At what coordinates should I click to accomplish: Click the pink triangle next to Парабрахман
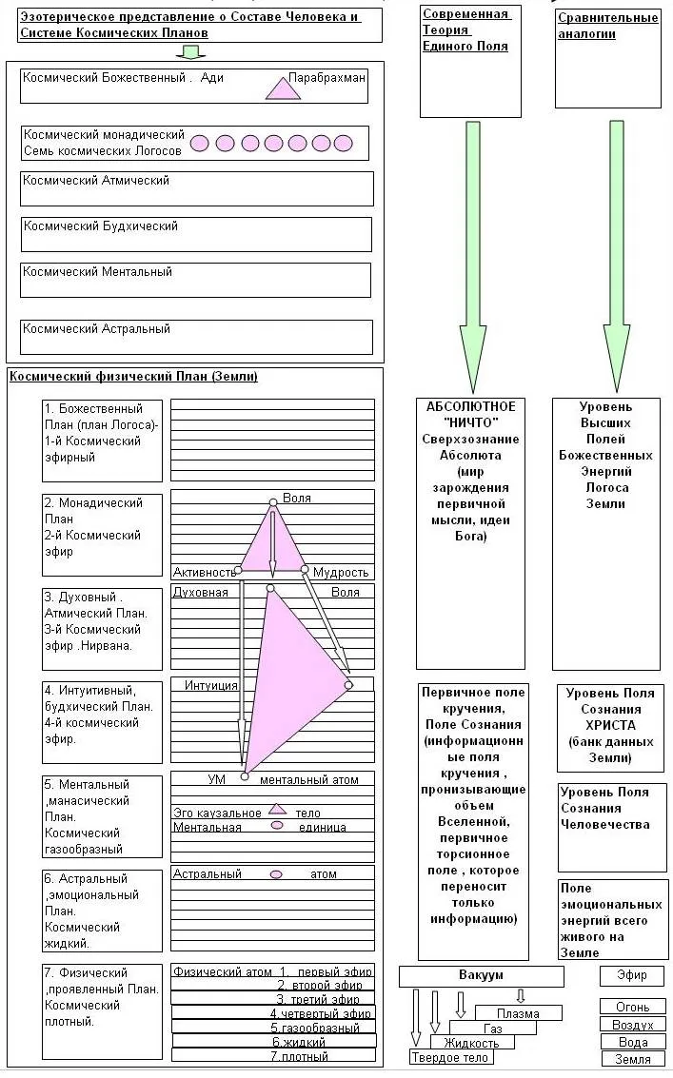point(282,88)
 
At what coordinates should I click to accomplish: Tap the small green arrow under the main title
point(191,50)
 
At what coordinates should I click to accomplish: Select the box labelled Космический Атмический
point(197,188)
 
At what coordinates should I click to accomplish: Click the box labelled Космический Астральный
point(197,337)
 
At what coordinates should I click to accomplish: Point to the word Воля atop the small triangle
point(297,498)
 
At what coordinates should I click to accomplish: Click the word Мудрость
point(341,572)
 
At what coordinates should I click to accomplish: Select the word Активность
point(204,572)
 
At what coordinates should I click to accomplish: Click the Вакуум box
point(481,976)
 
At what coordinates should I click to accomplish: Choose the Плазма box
point(518,1013)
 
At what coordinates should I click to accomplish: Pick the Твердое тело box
point(449,1057)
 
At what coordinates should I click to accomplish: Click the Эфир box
point(632,976)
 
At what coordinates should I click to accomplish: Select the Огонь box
point(633,1007)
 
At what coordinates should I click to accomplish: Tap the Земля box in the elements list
point(633,1058)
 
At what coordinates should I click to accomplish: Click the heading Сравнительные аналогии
point(607,26)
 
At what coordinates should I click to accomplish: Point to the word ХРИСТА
point(610,725)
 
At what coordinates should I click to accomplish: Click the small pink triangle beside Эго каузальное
point(277,810)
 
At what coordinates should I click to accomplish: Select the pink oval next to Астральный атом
point(276,873)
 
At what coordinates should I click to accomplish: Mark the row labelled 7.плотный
point(300,1056)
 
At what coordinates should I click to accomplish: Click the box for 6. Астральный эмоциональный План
point(103,911)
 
